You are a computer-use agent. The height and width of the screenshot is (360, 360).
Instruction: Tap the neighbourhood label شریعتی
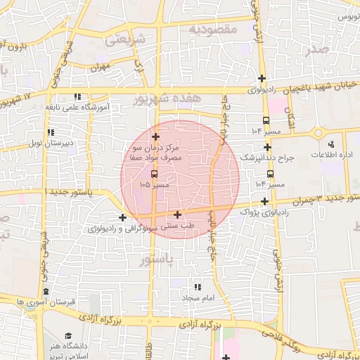click(124, 40)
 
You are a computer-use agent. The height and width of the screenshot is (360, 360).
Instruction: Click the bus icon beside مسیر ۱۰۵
click(154, 173)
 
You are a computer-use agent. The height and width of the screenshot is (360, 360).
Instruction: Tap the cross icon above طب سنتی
click(177, 214)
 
